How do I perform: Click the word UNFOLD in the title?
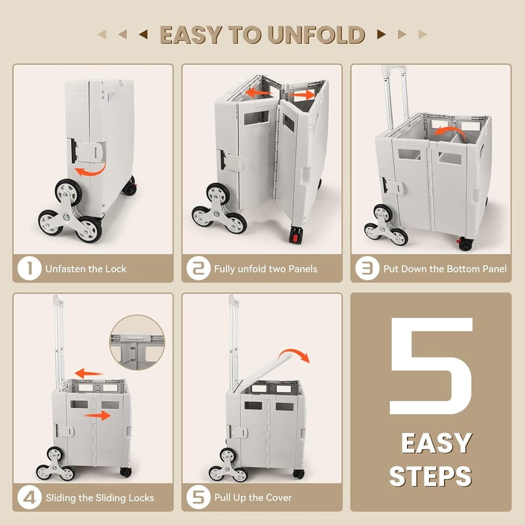click(x=316, y=35)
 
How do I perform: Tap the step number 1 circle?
click(x=30, y=268)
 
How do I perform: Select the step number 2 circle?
click(x=199, y=268)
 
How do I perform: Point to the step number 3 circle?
click(x=367, y=268)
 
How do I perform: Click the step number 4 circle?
click(x=30, y=497)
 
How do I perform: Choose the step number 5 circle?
click(x=199, y=497)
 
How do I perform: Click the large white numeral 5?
click(x=431, y=366)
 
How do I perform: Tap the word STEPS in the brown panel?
click(x=430, y=476)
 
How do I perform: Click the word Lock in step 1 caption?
click(x=116, y=269)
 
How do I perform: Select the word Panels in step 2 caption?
click(x=303, y=269)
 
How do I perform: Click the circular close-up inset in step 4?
click(x=137, y=342)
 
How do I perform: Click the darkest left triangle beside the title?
click(x=143, y=34)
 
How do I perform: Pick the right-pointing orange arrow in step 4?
click(x=97, y=415)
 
